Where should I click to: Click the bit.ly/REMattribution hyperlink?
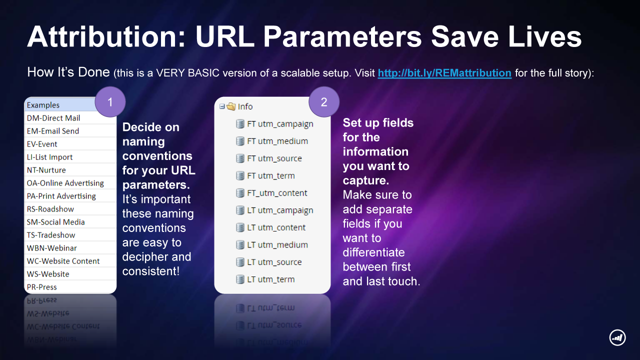(444, 73)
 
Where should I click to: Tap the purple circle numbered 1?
(110, 102)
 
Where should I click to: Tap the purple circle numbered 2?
(324, 102)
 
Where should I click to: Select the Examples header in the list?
(43, 105)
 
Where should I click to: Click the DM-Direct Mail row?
(53, 118)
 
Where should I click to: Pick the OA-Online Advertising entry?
(65, 183)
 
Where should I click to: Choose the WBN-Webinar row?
(51, 248)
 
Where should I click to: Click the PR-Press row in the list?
(41, 287)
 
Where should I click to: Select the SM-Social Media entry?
(55, 222)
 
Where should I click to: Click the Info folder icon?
(231, 106)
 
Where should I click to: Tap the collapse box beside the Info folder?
(222, 106)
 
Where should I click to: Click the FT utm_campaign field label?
(280, 124)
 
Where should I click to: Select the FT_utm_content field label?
(277, 193)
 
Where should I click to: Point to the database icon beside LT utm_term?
(240, 279)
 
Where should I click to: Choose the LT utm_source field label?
(274, 262)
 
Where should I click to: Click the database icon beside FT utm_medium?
(240, 141)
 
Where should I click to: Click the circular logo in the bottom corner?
(617, 337)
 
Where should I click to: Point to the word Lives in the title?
(544, 37)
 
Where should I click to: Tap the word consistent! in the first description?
(151, 271)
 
